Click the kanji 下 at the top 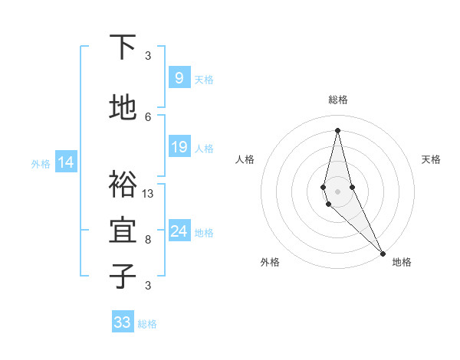point(123,47)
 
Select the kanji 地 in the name point(123,108)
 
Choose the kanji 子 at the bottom point(123,277)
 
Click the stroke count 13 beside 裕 point(148,193)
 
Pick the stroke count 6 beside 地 point(148,116)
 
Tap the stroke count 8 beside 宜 point(148,239)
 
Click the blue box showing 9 point(179,77)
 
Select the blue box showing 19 point(179,147)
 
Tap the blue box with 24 point(179,231)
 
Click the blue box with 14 point(65,162)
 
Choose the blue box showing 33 point(123,322)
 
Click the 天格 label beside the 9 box point(204,79)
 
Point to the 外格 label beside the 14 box point(40,163)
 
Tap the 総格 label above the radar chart point(337,100)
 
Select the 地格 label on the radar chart point(402,262)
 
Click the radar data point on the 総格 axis point(337,129)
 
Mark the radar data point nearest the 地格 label point(383,253)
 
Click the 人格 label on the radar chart point(245,159)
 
